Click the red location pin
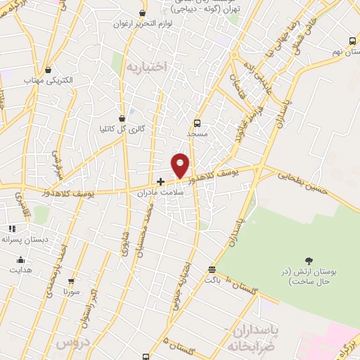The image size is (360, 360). pyautogui.click(x=181, y=165)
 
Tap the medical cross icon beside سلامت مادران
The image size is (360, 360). pyautogui.click(x=160, y=181)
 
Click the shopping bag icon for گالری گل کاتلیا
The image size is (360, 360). pyautogui.click(x=124, y=117)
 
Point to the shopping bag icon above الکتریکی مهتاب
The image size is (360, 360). pyautogui.click(x=48, y=70)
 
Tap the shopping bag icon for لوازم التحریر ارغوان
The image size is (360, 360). pyautogui.click(x=143, y=13)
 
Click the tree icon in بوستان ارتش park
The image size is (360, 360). pyautogui.click(x=308, y=262)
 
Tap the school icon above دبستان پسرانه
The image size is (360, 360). pyautogui.click(x=11, y=229)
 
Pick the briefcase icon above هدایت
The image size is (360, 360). pyautogui.click(x=20, y=259)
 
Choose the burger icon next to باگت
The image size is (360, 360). pyautogui.click(x=212, y=269)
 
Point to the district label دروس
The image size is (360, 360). pyautogui.click(x=69, y=343)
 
